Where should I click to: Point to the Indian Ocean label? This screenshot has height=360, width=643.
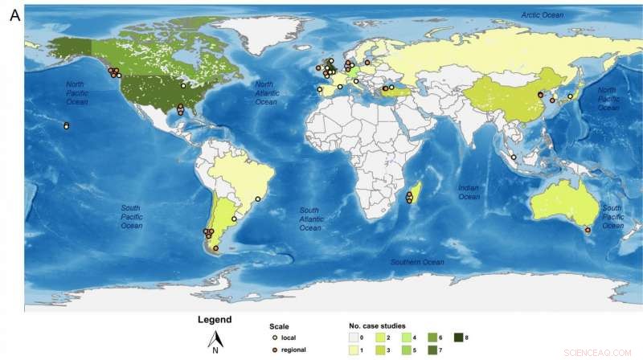click(x=469, y=192)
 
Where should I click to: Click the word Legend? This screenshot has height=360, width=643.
click(x=215, y=320)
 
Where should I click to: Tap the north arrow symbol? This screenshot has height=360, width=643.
click(x=215, y=341)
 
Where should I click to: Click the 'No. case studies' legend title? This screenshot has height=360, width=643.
click(x=377, y=326)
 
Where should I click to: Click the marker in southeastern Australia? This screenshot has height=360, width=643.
click(x=588, y=231)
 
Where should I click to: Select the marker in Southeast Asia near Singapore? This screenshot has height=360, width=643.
click(x=514, y=157)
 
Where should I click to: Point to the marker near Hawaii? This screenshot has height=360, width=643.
click(x=66, y=125)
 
